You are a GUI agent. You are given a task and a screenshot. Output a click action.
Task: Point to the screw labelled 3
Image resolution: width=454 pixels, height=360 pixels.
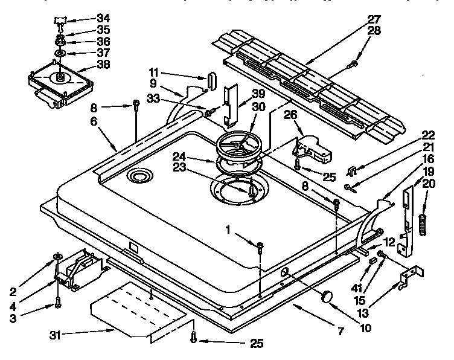[x=58, y=301]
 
